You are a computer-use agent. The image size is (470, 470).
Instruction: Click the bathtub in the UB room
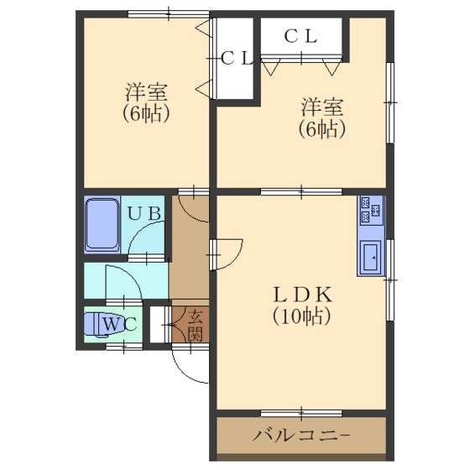point(102,224)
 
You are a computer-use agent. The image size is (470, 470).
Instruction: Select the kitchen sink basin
point(371,257)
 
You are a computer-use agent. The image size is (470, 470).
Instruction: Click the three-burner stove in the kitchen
point(371,210)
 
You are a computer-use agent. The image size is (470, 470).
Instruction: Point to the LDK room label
point(302,295)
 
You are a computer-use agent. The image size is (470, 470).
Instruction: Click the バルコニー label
point(301,436)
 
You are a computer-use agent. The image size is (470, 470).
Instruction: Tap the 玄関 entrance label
point(195,326)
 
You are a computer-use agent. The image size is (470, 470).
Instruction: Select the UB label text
point(144,213)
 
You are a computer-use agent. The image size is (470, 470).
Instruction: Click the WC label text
point(120,324)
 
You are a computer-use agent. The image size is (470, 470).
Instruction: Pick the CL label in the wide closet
point(300,36)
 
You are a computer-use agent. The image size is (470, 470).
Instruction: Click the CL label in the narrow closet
point(237,58)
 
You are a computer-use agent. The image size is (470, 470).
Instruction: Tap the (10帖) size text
point(302,316)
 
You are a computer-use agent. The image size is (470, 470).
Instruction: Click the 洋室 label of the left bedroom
point(146,92)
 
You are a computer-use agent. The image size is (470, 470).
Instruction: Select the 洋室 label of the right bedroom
point(322,107)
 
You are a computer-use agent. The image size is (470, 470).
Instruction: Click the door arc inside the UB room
point(138,230)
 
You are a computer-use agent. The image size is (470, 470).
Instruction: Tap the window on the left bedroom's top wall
point(169,13)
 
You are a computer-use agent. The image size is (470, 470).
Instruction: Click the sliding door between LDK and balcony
point(301,413)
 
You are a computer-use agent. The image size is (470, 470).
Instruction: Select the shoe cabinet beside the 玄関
point(157,325)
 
